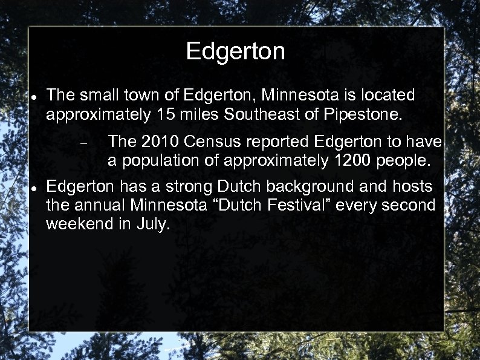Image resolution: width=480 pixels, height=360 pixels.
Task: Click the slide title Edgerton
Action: click(235, 52)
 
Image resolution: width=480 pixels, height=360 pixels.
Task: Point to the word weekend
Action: click(80, 224)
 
